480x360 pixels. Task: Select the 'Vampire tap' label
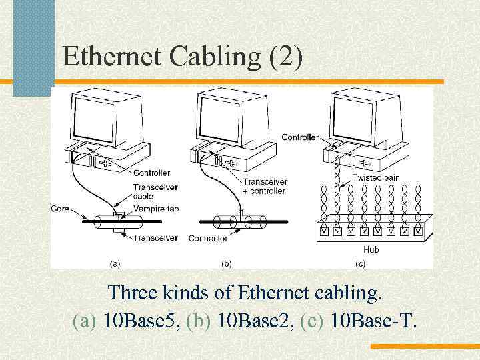[x=155, y=209]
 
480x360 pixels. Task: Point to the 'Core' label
[x=59, y=209]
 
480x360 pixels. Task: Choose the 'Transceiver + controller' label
[x=264, y=186]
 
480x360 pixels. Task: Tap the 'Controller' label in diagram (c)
[x=299, y=137]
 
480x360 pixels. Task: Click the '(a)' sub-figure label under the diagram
[x=115, y=263]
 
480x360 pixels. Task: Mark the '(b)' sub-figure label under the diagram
[x=227, y=263]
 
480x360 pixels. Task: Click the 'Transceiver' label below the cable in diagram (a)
[x=155, y=237]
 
